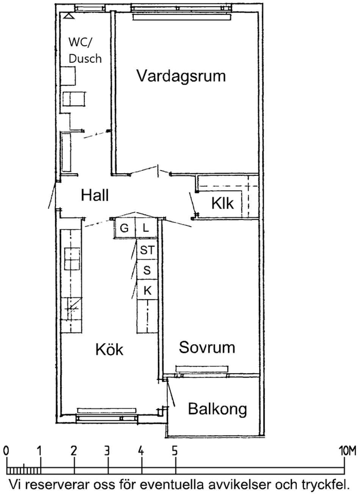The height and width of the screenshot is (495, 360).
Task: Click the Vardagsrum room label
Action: [x=181, y=77]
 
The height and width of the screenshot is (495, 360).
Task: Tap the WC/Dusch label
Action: [x=85, y=50]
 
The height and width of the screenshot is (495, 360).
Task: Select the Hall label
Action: [x=95, y=195]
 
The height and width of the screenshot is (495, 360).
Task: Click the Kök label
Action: [x=110, y=349]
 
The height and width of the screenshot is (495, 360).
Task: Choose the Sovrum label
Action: [x=207, y=347]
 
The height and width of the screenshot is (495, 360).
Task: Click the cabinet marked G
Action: [x=125, y=228]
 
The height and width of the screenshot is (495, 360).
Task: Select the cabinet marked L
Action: [x=146, y=228]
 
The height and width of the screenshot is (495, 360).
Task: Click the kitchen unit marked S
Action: [x=147, y=270]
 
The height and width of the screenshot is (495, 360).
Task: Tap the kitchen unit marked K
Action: [x=147, y=290]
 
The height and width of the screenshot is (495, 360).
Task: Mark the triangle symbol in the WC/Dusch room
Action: [x=69, y=16]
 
